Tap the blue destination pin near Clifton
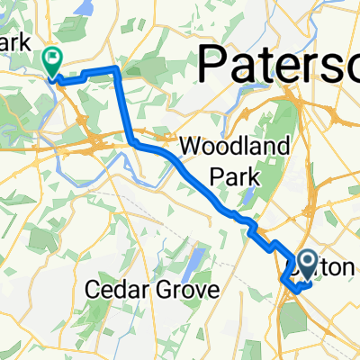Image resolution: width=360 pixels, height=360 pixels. (307, 265)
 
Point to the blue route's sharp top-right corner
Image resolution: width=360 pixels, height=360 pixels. (117, 68)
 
